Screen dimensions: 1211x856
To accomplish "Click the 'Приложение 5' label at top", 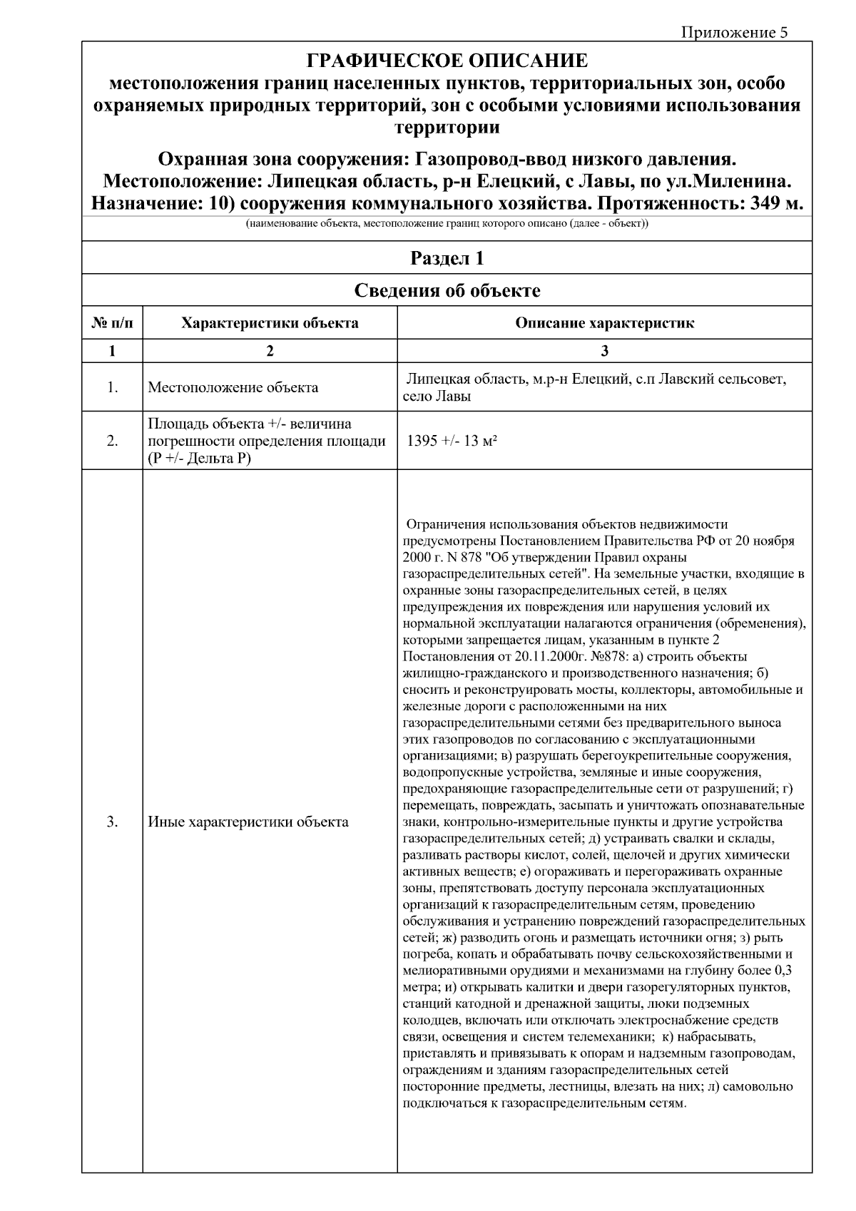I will [x=735, y=33].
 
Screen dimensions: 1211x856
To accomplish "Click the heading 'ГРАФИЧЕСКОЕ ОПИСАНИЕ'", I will [x=447, y=61].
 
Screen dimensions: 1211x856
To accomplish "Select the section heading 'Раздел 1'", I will [x=447, y=258].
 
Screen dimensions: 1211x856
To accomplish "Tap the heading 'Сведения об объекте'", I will [x=447, y=290].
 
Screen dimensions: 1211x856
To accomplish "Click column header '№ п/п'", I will [x=112, y=323].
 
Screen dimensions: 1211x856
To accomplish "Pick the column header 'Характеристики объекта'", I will [x=270, y=323].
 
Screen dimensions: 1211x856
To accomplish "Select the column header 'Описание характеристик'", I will [x=604, y=323].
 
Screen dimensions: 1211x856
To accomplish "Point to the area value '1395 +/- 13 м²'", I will [x=452, y=441].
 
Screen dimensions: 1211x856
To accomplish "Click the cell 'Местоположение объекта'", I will [x=233, y=388].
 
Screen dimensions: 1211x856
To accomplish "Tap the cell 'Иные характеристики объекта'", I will [x=248, y=822].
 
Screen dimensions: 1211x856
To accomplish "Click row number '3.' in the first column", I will [x=112, y=822].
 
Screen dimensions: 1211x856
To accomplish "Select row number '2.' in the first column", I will [x=112, y=441].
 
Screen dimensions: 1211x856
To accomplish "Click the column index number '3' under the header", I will [x=604, y=351].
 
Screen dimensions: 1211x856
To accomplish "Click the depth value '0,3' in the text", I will [x=783, y=971].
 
